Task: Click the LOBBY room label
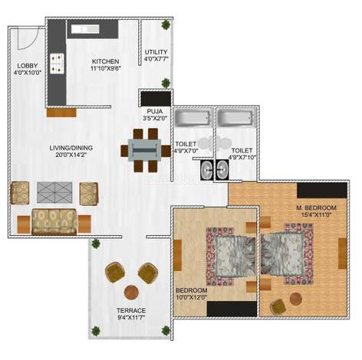(28, 66)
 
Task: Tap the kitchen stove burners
(57, 63)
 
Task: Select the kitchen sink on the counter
(85, 29)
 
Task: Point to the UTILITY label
(156, 52)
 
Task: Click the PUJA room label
(155, 112)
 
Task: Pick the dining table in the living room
(145, 150)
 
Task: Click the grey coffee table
(54, 192)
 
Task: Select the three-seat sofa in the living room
(54, 221)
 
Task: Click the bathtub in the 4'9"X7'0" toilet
(193, 119)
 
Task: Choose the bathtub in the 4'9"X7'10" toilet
(236, 119)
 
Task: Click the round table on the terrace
(131, 293)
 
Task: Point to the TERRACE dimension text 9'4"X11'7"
(131, 318)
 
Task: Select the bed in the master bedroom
(287, 254)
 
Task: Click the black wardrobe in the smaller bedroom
(232, 309)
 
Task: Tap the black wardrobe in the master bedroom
(322, 190)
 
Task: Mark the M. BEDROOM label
(316, 208)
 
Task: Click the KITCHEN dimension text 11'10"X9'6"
(105, 68)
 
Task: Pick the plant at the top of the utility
(166, 25)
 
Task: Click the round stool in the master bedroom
(296, 299)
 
